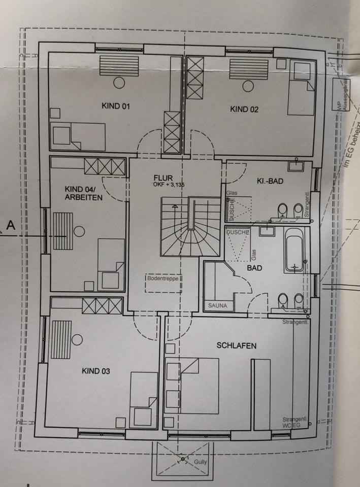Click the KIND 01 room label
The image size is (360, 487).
coord(116,107)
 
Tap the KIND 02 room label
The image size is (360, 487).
coord(245,109)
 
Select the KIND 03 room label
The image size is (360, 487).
coord(95,371)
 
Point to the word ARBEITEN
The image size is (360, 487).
coord(84,197)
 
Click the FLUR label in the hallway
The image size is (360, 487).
coord(164,178)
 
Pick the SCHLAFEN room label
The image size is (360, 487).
coord(236,345)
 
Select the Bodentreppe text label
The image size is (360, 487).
coord(163,278)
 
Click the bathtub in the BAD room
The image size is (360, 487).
coord(293,250)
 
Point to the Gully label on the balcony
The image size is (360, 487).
coord(201,463)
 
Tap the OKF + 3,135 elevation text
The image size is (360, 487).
coord(169,185)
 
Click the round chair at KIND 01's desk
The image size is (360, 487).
coord(119,82)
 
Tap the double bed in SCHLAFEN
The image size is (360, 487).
coord(192,383)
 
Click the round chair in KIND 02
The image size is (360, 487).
coord(248,86)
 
